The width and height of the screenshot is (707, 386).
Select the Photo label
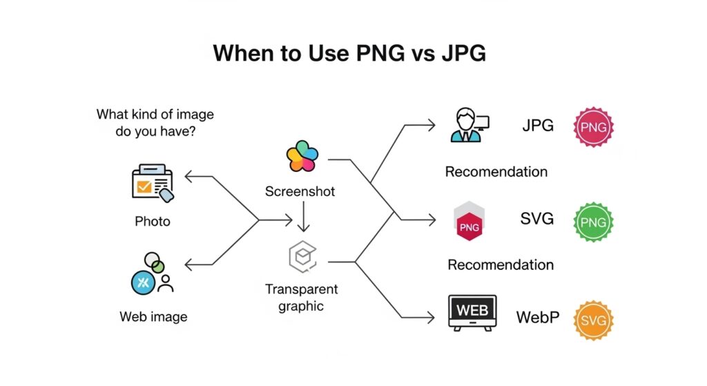(153, 222)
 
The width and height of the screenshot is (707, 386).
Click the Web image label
(153, 317)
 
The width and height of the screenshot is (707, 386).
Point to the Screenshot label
(300, 191)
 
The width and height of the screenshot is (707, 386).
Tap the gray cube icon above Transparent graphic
(302, 257)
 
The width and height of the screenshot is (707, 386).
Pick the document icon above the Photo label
(152, 183)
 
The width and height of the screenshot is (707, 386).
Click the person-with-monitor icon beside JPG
(469, 124)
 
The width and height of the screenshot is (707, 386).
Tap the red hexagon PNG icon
(469, 223)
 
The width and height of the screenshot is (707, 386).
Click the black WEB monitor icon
(473, 313)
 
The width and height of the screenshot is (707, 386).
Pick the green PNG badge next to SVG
(594, 222)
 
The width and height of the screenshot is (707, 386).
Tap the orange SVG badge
(594, 320)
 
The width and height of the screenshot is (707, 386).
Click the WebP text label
(539, 318)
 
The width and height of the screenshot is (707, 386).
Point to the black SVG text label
(537, 219)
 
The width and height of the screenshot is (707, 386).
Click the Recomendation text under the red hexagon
(501, 264)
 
